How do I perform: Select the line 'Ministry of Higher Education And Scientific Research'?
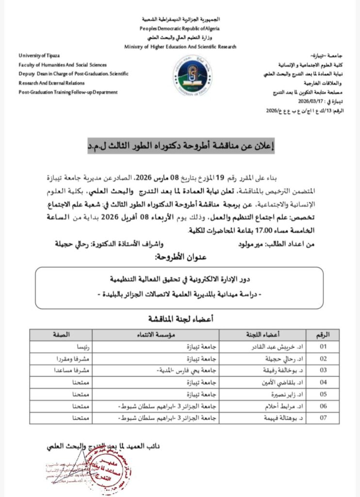pyautogui.click(x=180, y=47)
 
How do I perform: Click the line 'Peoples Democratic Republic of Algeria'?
pyautogui.click(x=180, y=29)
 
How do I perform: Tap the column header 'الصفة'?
pyautogui.click(x=60, y=335)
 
